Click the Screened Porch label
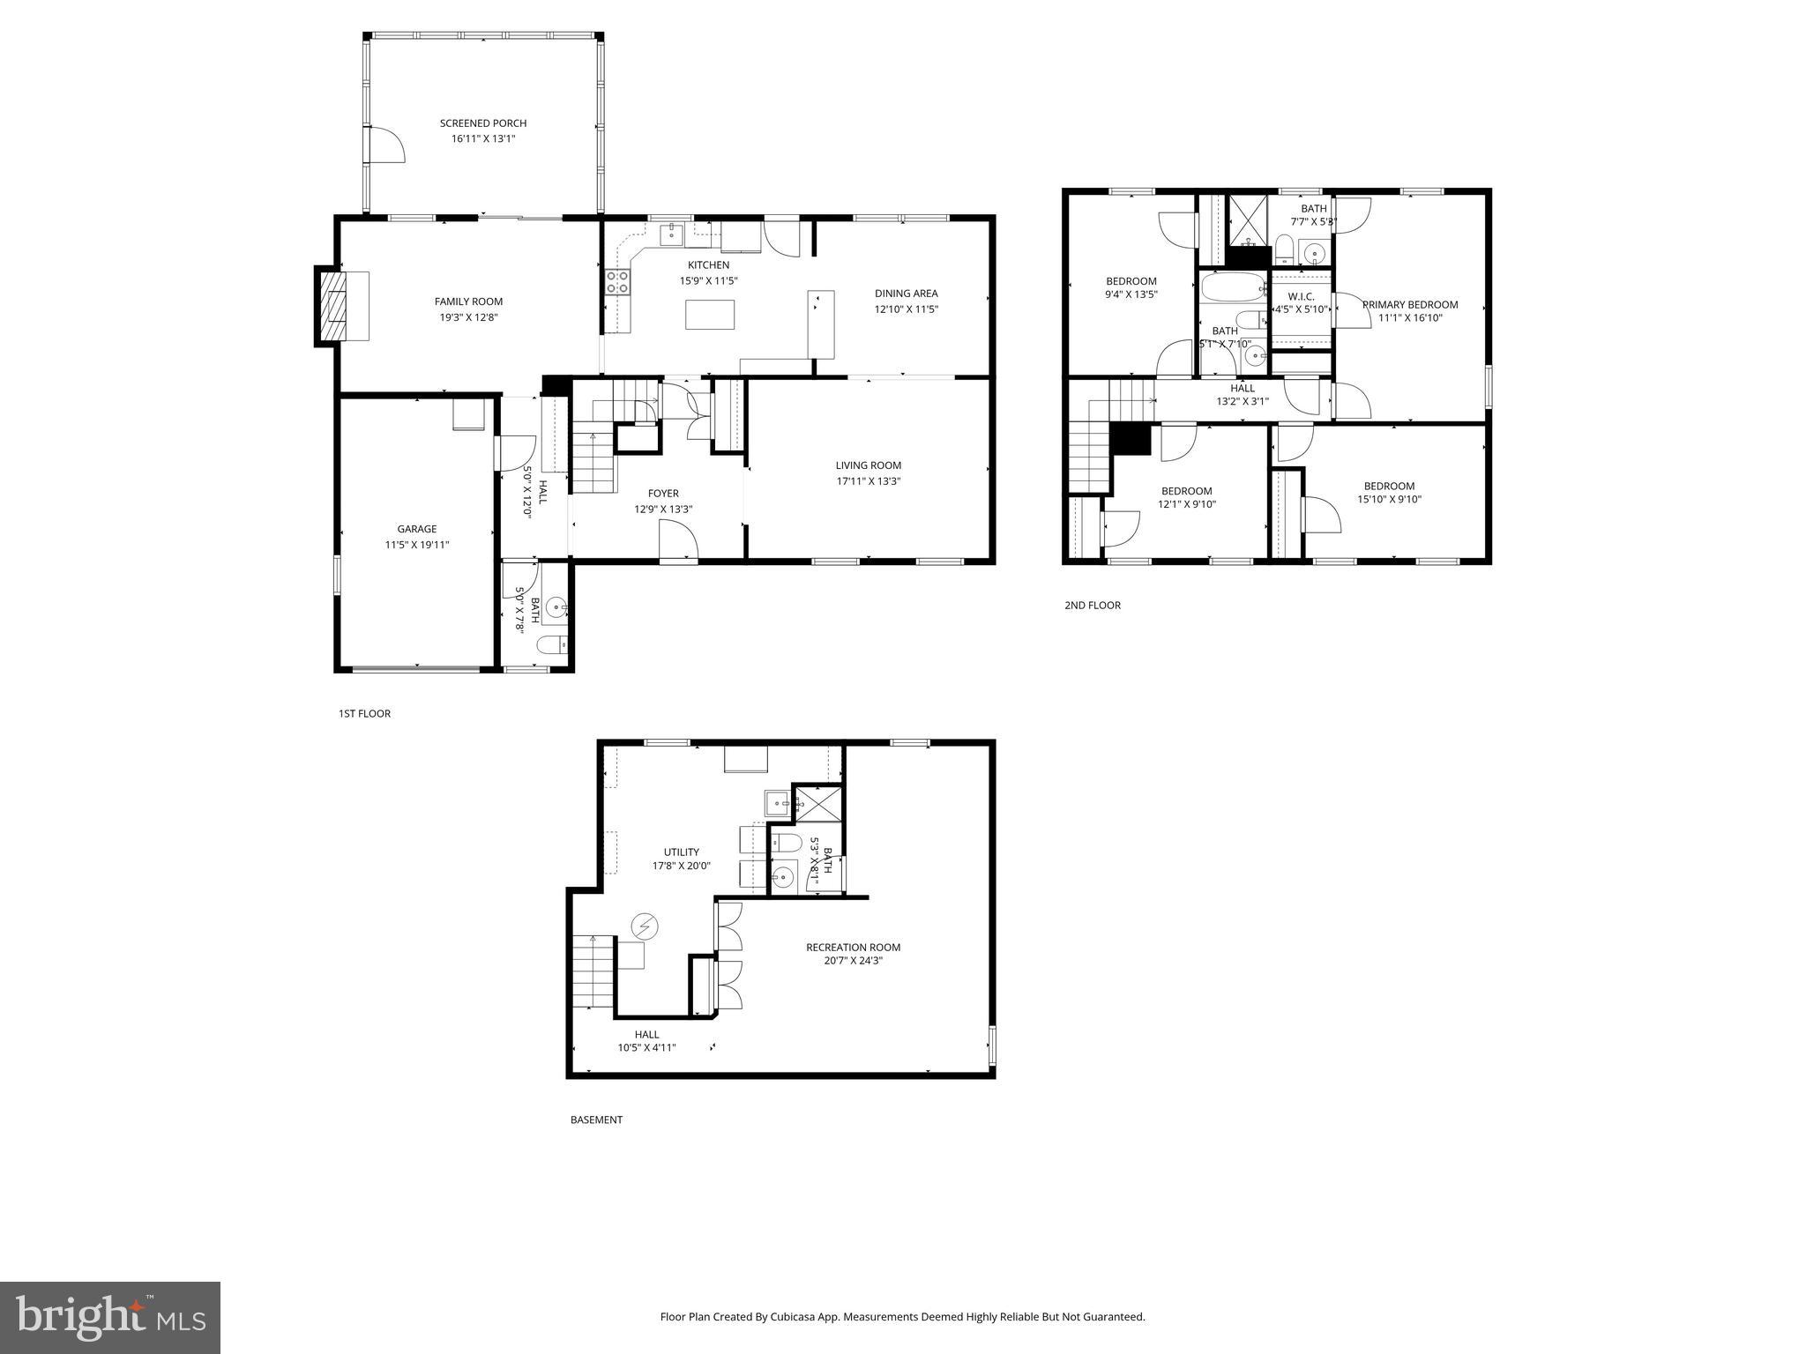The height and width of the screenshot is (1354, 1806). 483,123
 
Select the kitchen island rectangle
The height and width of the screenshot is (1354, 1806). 710,315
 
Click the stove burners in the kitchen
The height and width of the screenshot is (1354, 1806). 617,282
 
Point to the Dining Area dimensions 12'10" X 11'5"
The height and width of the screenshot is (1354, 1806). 906,309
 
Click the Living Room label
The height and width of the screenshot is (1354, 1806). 868,465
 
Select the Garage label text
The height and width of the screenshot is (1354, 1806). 416,529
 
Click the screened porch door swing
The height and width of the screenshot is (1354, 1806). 384,145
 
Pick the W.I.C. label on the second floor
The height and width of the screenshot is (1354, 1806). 1301,296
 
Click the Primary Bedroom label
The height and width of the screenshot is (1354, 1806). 1410,305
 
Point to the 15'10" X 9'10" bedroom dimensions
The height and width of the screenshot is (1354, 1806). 1389,500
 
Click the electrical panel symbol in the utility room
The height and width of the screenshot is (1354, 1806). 645,926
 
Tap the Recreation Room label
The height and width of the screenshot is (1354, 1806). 853,948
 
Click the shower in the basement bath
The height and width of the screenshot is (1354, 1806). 819,803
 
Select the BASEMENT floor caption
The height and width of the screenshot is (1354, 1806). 596,1120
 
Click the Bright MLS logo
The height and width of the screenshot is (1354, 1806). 110,1318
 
